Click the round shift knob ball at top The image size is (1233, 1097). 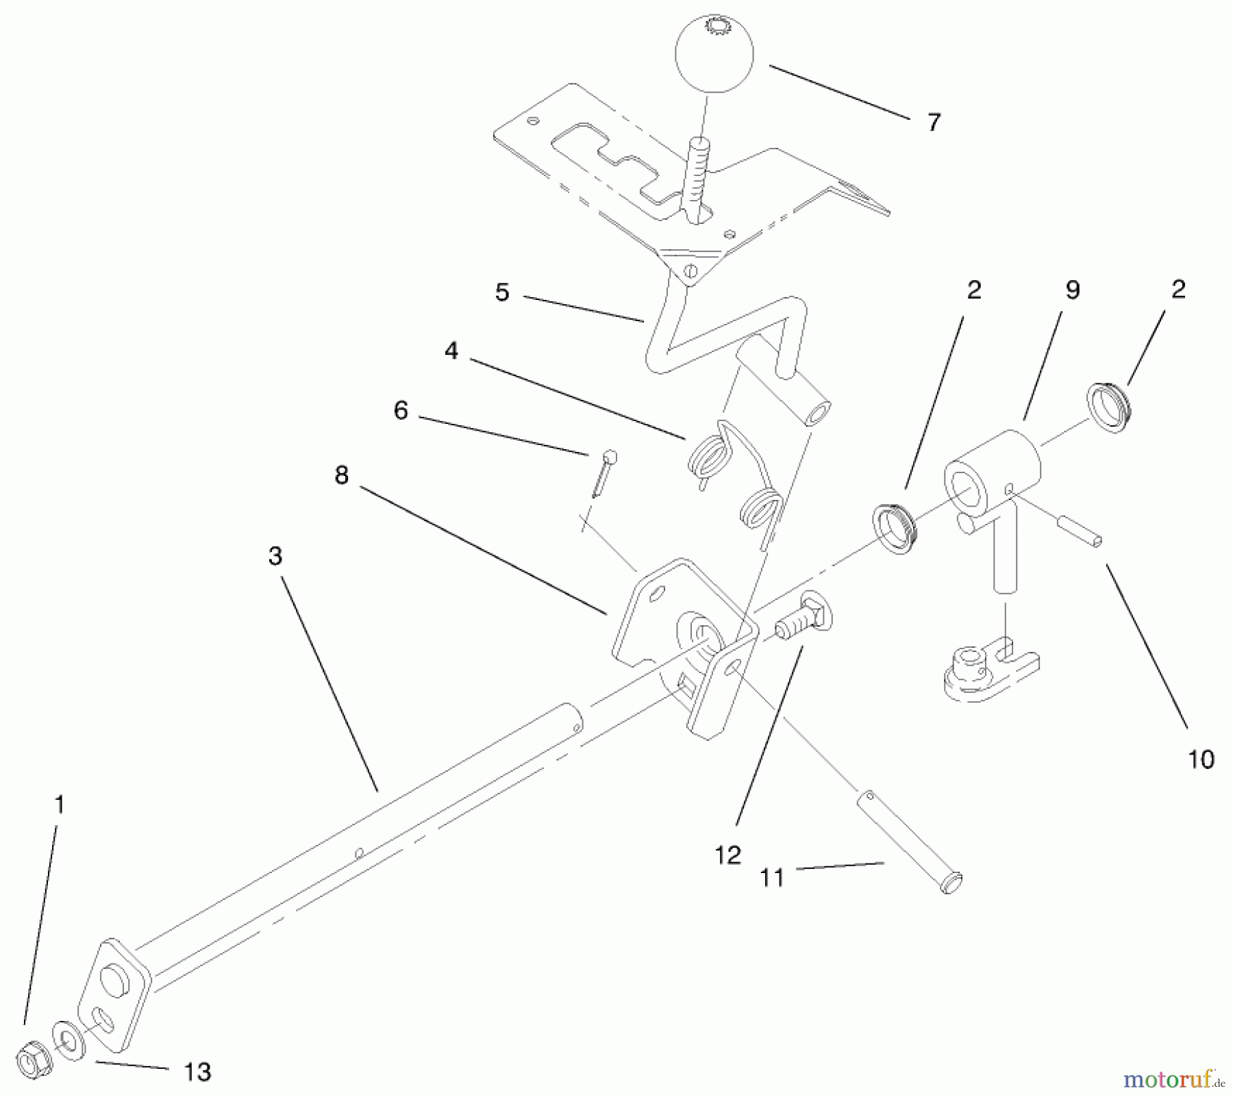714,56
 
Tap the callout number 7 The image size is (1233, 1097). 934,123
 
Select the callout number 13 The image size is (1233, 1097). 198,1072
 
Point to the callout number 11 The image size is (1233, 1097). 772,877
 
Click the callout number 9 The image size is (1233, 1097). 1073,290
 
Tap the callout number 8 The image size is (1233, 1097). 341,475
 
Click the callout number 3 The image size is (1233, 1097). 275,556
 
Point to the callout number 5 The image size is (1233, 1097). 502,292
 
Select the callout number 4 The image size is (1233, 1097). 451,351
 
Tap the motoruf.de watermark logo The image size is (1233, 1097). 1172,1080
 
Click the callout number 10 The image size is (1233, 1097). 1201,759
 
